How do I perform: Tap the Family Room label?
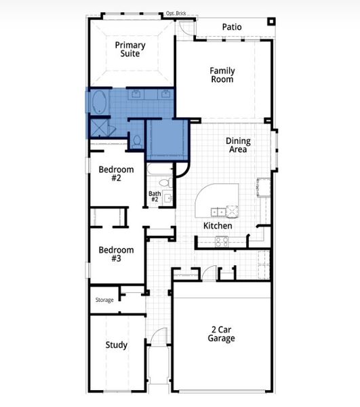coord(222,75)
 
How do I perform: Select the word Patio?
coord(233,27)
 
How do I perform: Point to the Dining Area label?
coord(238,145)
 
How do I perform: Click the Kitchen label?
coord(218,225)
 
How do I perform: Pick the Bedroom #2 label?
coord(116,174)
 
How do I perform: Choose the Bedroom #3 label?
coord(116,254)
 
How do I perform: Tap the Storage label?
coord(104,299)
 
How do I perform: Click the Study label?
coord(116,345)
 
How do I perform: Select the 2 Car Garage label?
coord(222,334)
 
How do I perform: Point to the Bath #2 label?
coord(154,197)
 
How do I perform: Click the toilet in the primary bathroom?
coord(137,140)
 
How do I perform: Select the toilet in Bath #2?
coord(163,183)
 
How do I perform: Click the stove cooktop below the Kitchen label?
coord(222,241)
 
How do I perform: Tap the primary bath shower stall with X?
coord(99,127)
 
